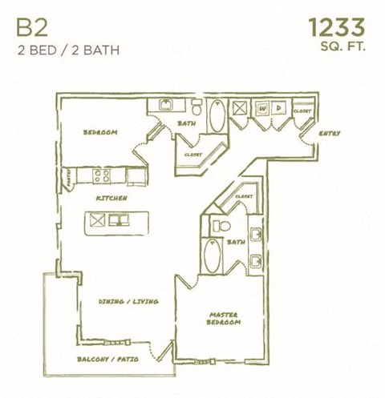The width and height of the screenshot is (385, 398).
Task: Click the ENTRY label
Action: (330, 133)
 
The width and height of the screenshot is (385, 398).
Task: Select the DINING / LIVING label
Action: (128, 301)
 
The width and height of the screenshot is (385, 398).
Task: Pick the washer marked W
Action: (261, 108)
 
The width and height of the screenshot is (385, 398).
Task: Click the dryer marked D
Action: (278, 108)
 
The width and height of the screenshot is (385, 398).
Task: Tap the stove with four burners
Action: (103, 175)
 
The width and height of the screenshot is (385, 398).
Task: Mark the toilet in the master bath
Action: (214, 227)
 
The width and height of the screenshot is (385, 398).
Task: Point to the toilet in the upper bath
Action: (195, 109)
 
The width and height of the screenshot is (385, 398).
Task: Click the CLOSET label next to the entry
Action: (302, 111)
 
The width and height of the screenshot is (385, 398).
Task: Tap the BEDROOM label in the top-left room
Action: (102, 132)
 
